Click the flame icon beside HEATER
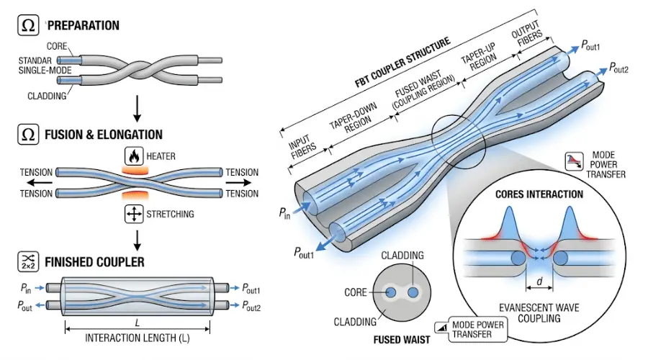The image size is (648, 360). pos(134,156)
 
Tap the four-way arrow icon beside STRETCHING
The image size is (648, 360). pos(134,214)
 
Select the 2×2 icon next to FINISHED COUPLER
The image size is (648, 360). pos(28,261)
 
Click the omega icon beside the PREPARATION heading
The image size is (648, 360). pos(28,25)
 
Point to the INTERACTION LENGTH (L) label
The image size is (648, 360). pos(138,338)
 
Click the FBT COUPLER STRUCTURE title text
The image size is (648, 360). pos(402,63)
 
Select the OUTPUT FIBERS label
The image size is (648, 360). pos(527,33)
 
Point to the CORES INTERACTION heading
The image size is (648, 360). pos(539,194)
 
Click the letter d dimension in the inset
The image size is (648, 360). pos(539,282)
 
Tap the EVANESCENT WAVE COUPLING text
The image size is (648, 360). pos(539,313)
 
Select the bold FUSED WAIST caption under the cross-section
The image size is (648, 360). pos(402,340)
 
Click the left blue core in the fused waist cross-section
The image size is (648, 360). pos(390,292)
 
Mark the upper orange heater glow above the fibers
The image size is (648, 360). pos(135,170)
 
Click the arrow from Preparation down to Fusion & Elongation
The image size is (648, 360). pos(138,108)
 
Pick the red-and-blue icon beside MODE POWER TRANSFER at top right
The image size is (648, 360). pos(575,161)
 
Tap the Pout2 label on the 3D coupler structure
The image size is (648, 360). pos(618,68)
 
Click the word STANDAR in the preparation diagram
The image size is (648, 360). pos(35,60)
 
